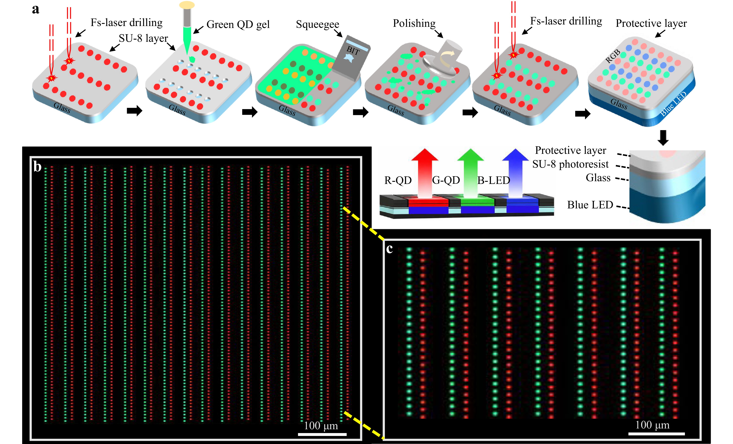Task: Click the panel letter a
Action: click(36, 10)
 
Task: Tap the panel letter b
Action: click(37, 167)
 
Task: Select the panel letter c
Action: click(389, 249)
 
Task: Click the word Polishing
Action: click(414, 23)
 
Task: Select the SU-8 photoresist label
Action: click(570, 164)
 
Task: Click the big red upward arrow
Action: click(425, 173)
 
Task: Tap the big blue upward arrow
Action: click(515, 173)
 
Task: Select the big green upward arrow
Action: click(470, 173)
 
